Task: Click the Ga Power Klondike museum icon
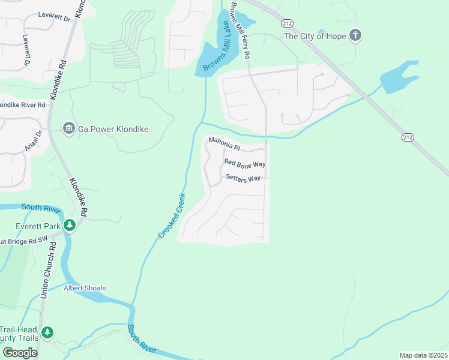pos(69,129)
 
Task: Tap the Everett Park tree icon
pos(70,226)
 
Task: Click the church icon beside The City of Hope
pos(356,36)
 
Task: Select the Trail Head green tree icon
pos(47,332)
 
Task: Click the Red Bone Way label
pos(244,163)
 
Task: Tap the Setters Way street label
pos(243,178)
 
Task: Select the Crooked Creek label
pos(172,215)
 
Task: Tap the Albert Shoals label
pos(85,288)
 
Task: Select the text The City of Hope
pos(315,36)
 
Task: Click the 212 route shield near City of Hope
pos(286,22)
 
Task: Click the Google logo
pos(19,353)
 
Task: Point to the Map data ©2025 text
pos(423,355)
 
